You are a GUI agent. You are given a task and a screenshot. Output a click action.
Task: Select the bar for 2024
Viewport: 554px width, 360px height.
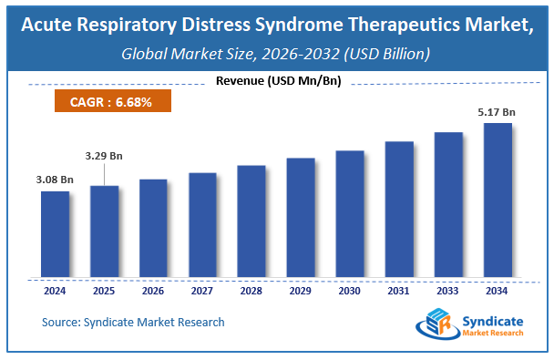coord(55,234)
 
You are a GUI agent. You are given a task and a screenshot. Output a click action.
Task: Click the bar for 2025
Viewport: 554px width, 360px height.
coord(104,231)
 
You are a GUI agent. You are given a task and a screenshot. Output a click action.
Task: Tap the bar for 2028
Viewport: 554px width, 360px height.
coord(251,221)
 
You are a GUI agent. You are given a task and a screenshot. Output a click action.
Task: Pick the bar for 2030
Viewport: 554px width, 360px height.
coord(349,214)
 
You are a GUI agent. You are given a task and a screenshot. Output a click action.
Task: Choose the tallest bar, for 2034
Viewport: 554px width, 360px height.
coord(497,201)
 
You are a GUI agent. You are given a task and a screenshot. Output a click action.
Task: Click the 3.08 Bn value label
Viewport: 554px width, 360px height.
coord(54,180)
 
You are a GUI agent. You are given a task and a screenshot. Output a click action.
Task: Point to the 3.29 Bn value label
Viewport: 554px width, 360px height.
coord(103,156)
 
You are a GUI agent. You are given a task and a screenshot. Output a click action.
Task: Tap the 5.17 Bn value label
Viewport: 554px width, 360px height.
coord(497,112)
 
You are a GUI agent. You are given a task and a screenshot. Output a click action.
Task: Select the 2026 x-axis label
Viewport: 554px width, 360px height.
coord(153,292)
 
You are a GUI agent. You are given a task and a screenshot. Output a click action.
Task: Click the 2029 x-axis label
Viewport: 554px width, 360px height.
coord(300,292)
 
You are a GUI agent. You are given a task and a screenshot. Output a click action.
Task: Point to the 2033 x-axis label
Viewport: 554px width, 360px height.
coord(447,292)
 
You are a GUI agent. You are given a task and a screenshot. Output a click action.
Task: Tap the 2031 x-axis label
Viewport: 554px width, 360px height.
coord(398,292)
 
